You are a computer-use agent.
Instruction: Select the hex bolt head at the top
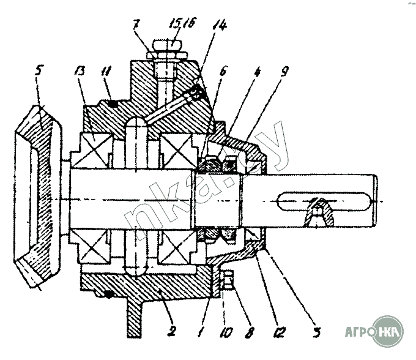[166, 46]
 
